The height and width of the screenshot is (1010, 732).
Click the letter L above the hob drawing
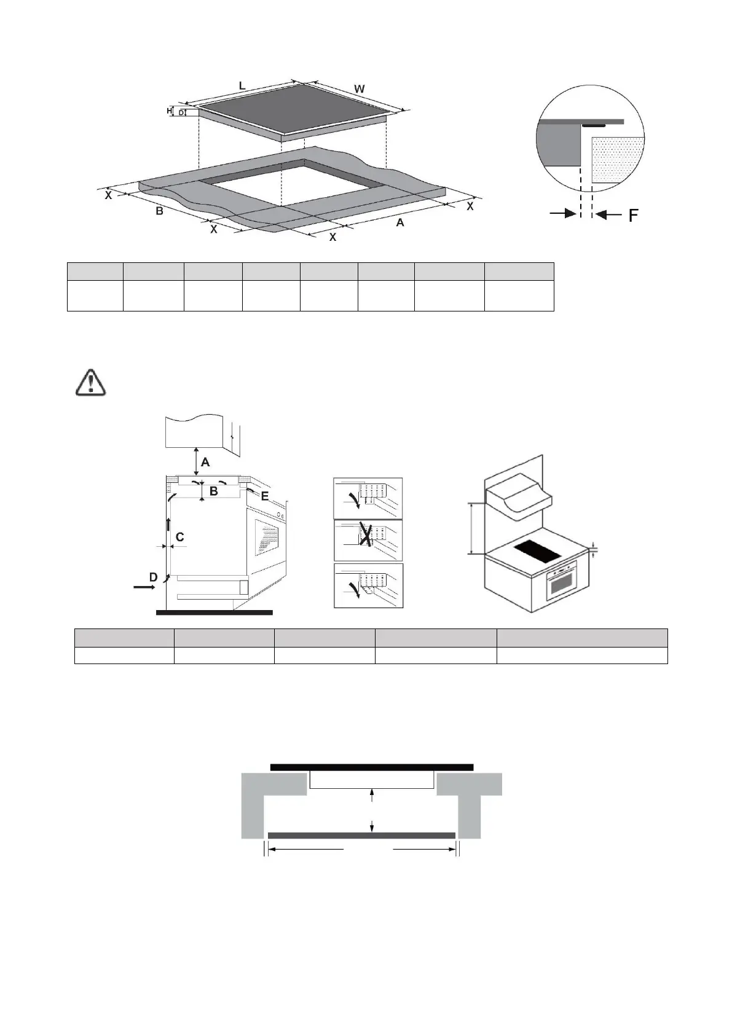click(242, 87)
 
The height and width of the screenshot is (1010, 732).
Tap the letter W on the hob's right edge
click(360, 89)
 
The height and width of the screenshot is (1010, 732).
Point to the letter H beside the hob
click(169, 111)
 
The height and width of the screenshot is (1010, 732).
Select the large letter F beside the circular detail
click(632, 215)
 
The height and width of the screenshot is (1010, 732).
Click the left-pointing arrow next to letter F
click(608, 214)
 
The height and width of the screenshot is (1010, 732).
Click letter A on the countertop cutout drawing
click(400, 222)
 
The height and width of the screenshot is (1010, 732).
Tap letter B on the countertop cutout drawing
click(159, 211)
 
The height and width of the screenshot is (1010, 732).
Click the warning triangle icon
click(90, 382)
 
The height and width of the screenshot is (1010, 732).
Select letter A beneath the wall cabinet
click(206, 461)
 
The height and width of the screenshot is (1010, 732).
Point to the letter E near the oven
click(264, 496)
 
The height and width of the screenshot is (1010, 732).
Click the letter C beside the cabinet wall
click(179, 537)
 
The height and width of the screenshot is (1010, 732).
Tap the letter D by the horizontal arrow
click(153, 577)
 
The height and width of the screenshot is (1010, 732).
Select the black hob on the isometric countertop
click(537, 551)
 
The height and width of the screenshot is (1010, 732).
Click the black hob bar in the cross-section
click(371, 767)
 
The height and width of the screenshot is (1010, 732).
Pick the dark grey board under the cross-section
click(361, 836)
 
